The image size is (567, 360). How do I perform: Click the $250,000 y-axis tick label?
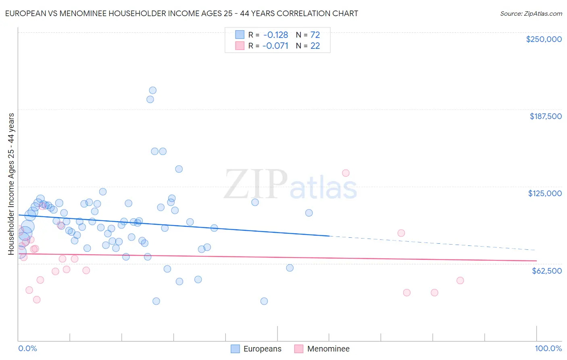[x=544, y=39]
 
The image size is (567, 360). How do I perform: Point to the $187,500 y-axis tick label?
[x=545, y=116]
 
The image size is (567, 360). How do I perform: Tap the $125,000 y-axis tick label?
[x=545, y=193]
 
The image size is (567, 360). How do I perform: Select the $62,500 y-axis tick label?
[x=546, y=271]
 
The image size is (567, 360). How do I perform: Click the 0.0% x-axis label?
[x=27, y=348]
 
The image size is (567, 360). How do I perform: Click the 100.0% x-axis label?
[x=548, y=348]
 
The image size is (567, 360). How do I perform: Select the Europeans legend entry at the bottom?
[x=256, y=349]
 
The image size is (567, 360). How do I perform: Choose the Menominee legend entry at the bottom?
[x=322, y=349]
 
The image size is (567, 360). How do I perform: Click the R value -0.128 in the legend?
[x=275, y=35]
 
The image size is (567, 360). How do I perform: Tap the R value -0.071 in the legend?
[x=275, y=46]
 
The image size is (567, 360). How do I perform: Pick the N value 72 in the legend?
[x=315, y=35]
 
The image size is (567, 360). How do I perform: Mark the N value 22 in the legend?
[x=315, y=46]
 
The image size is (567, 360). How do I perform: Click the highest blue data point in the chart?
[x=152, y=90]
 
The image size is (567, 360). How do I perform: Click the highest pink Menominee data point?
[x=346, y=173]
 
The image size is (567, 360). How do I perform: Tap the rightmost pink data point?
[x=460, y=280]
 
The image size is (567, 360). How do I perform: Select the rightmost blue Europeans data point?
[x=309, y=213]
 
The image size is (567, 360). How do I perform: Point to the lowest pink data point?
[x=37, y=299]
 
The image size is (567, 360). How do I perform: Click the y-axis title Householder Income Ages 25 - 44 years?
[x=11, y=184]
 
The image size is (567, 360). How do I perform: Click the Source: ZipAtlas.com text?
[x=531, y=14]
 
